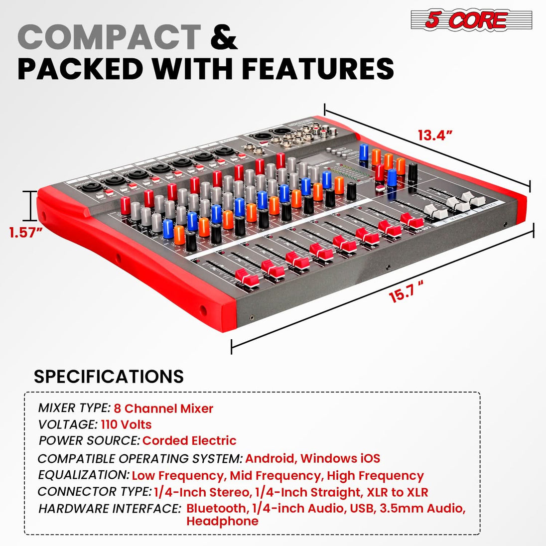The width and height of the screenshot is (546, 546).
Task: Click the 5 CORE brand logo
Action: coord(471,20)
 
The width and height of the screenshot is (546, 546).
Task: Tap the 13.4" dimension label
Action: coord(435,135)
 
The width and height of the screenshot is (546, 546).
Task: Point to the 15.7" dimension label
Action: coord(406,291)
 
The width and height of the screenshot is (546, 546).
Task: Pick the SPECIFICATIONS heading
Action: coord(109,376)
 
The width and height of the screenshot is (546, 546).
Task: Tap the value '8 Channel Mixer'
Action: coord(163,409)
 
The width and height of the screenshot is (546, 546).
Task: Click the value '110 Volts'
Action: coord(126,424)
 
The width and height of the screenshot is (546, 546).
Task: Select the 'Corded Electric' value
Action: coord(189,440)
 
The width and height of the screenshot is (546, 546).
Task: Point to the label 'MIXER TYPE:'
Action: coord(74,408)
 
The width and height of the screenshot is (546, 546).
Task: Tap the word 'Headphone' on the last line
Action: coord(222,522)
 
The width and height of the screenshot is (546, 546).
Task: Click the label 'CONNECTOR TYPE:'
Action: coord(95,492)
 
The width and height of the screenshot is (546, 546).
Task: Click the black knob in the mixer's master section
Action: coord(412,172)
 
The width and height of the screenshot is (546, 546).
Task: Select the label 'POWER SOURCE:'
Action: coord(89,440)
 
